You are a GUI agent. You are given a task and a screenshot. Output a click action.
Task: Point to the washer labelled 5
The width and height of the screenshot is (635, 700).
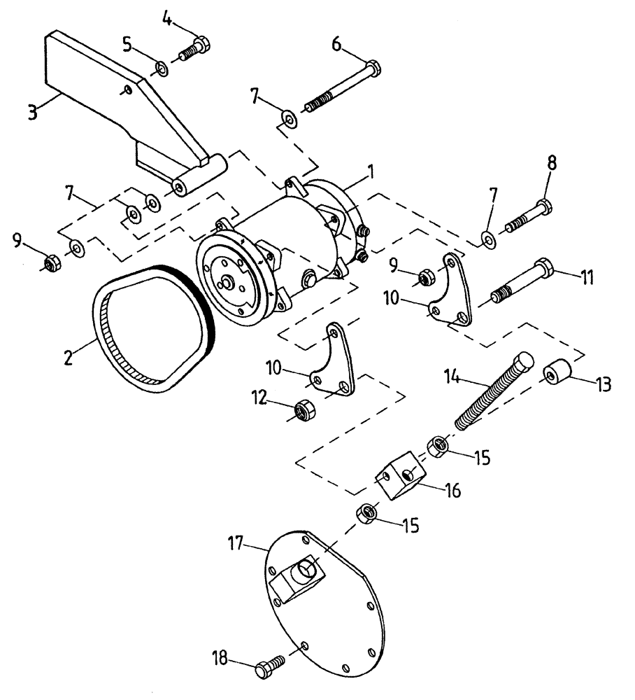tap(162, 68)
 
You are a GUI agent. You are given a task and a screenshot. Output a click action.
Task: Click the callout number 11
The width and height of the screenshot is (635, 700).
tap(585, 277)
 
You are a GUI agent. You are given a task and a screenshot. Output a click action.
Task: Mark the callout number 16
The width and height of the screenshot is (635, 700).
tap(452, 491)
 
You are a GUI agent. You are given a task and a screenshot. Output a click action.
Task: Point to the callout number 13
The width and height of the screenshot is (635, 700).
tap(603, 384)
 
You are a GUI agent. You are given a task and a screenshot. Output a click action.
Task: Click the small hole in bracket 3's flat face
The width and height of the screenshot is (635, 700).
tap(124, 88)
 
